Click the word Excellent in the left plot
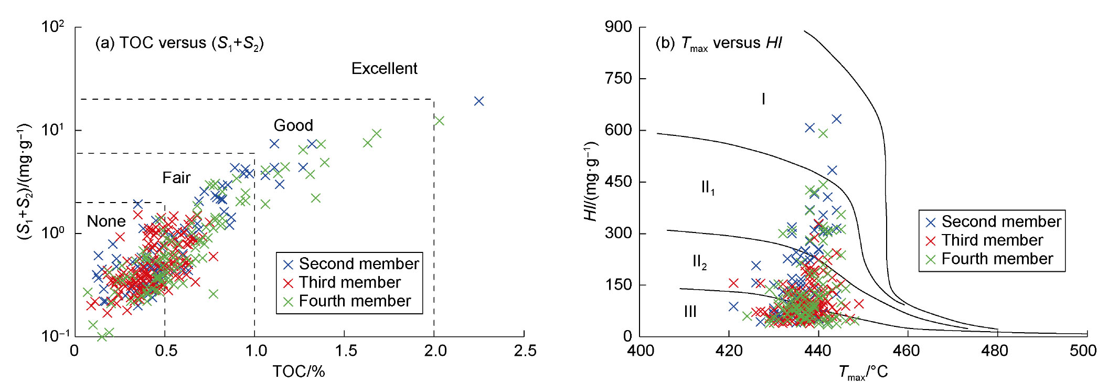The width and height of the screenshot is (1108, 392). tap(384, 69)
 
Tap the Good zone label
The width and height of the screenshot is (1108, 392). tap(293, 125)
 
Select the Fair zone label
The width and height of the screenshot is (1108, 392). tap(176, 178)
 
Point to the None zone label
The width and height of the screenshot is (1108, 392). tap(106, 221)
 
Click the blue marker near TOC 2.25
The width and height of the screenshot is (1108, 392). tap(478, 101)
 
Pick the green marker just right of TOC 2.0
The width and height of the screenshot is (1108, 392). tap(440, 121)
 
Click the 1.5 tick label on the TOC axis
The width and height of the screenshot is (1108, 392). tap(346, 351)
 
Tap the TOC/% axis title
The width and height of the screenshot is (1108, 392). tap(299, 372)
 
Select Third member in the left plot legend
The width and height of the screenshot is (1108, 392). tap(349, 282)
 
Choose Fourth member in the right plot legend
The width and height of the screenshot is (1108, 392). tap(997, 259)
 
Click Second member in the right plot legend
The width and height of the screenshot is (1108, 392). tap(1001, 221)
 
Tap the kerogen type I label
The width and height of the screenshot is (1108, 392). tap(763, 99)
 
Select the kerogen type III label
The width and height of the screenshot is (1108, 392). tap(690, 312)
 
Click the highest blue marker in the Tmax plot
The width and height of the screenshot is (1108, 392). tap(837, 119)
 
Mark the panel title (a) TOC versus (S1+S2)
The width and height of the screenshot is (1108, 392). tap(179, 43)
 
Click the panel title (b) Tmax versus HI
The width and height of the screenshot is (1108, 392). tap(719, 43)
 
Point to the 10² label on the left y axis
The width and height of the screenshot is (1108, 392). tap(52, 26)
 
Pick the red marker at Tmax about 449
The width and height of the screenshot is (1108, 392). tap(859, 304)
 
